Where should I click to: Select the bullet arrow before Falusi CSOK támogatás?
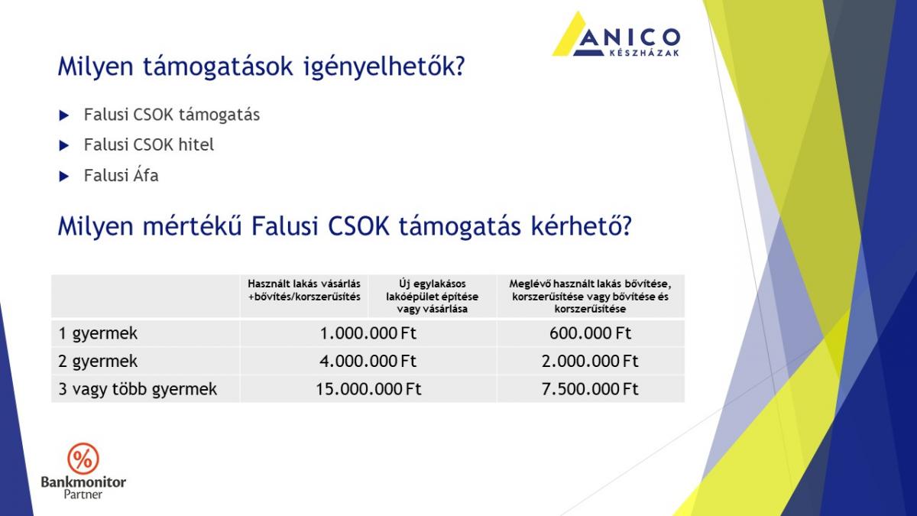[64, 115]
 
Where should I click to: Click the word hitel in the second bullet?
[196, 144]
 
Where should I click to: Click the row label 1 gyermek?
[98, 334]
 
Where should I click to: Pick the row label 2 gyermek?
[98, 362]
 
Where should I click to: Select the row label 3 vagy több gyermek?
[138, 389]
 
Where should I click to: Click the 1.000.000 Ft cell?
[368, 333]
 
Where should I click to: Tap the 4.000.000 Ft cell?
[368, 361]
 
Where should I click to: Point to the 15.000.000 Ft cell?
[368, 389]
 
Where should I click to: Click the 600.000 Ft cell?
[590, 333]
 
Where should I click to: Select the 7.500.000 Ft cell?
[590, 389]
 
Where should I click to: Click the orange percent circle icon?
[83, 458]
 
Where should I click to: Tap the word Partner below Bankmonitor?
[83, 495]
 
